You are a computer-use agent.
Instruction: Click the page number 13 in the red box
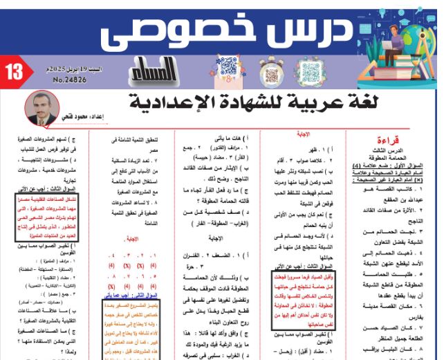tap(13, 71)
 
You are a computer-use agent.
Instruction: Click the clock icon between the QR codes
tap(261, 71)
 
